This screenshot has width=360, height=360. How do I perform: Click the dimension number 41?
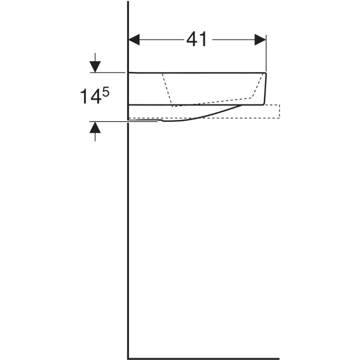point(196,40)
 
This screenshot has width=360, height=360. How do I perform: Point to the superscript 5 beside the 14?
point(106,92)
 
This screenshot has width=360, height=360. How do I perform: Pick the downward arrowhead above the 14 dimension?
point(95,66)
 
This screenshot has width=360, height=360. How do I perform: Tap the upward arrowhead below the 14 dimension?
point(95,127)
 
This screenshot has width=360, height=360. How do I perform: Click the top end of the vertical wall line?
point(128,2)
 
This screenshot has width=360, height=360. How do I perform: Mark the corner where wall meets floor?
point(128,358)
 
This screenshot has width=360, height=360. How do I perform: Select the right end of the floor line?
point(278,358)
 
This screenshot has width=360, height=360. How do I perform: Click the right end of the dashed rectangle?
point(279,112)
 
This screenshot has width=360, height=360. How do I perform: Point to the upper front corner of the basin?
point(266,74)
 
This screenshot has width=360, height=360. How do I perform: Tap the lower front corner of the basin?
point(262,104)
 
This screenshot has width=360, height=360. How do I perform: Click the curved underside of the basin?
point(204,116)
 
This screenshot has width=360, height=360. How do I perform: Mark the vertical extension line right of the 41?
point(266,54)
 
